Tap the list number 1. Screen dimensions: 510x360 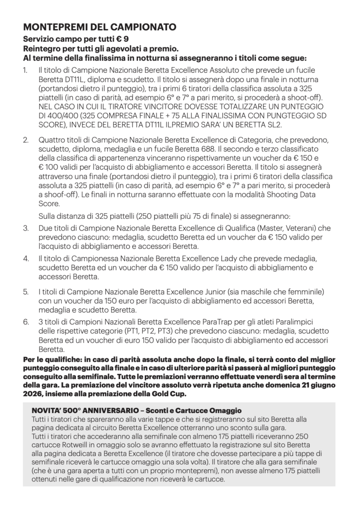tap(25, 70)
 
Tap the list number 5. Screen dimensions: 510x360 tap(25, 292)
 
